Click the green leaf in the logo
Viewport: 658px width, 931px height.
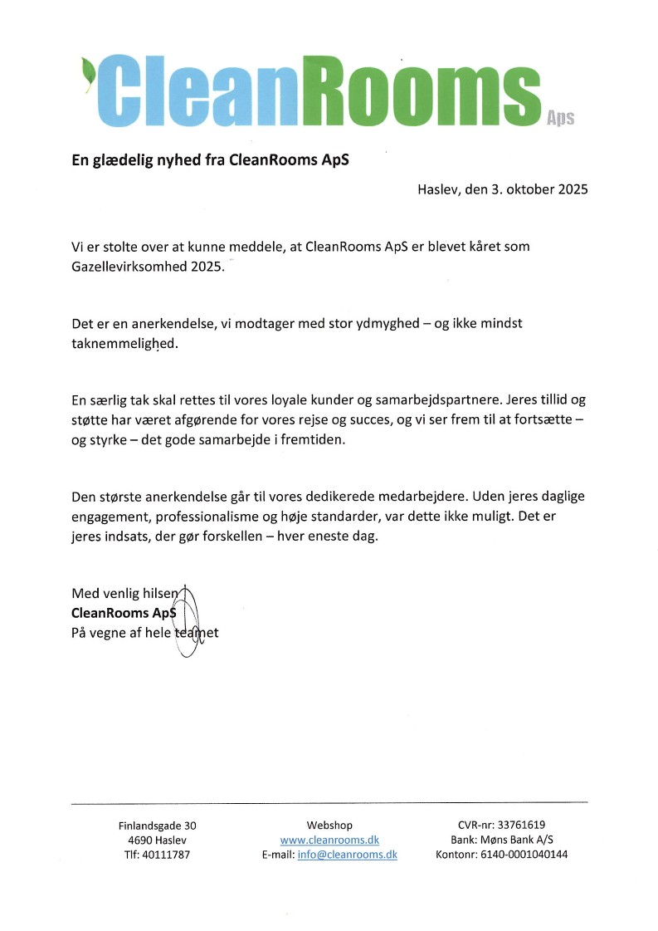(86, 67)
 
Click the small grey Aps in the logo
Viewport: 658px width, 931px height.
(561, 118)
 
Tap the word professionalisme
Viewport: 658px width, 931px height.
(195, 517)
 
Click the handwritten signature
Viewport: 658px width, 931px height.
(188, 619)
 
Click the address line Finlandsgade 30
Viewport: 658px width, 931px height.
(157, 826)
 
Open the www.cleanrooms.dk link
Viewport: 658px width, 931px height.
(329, 840)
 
